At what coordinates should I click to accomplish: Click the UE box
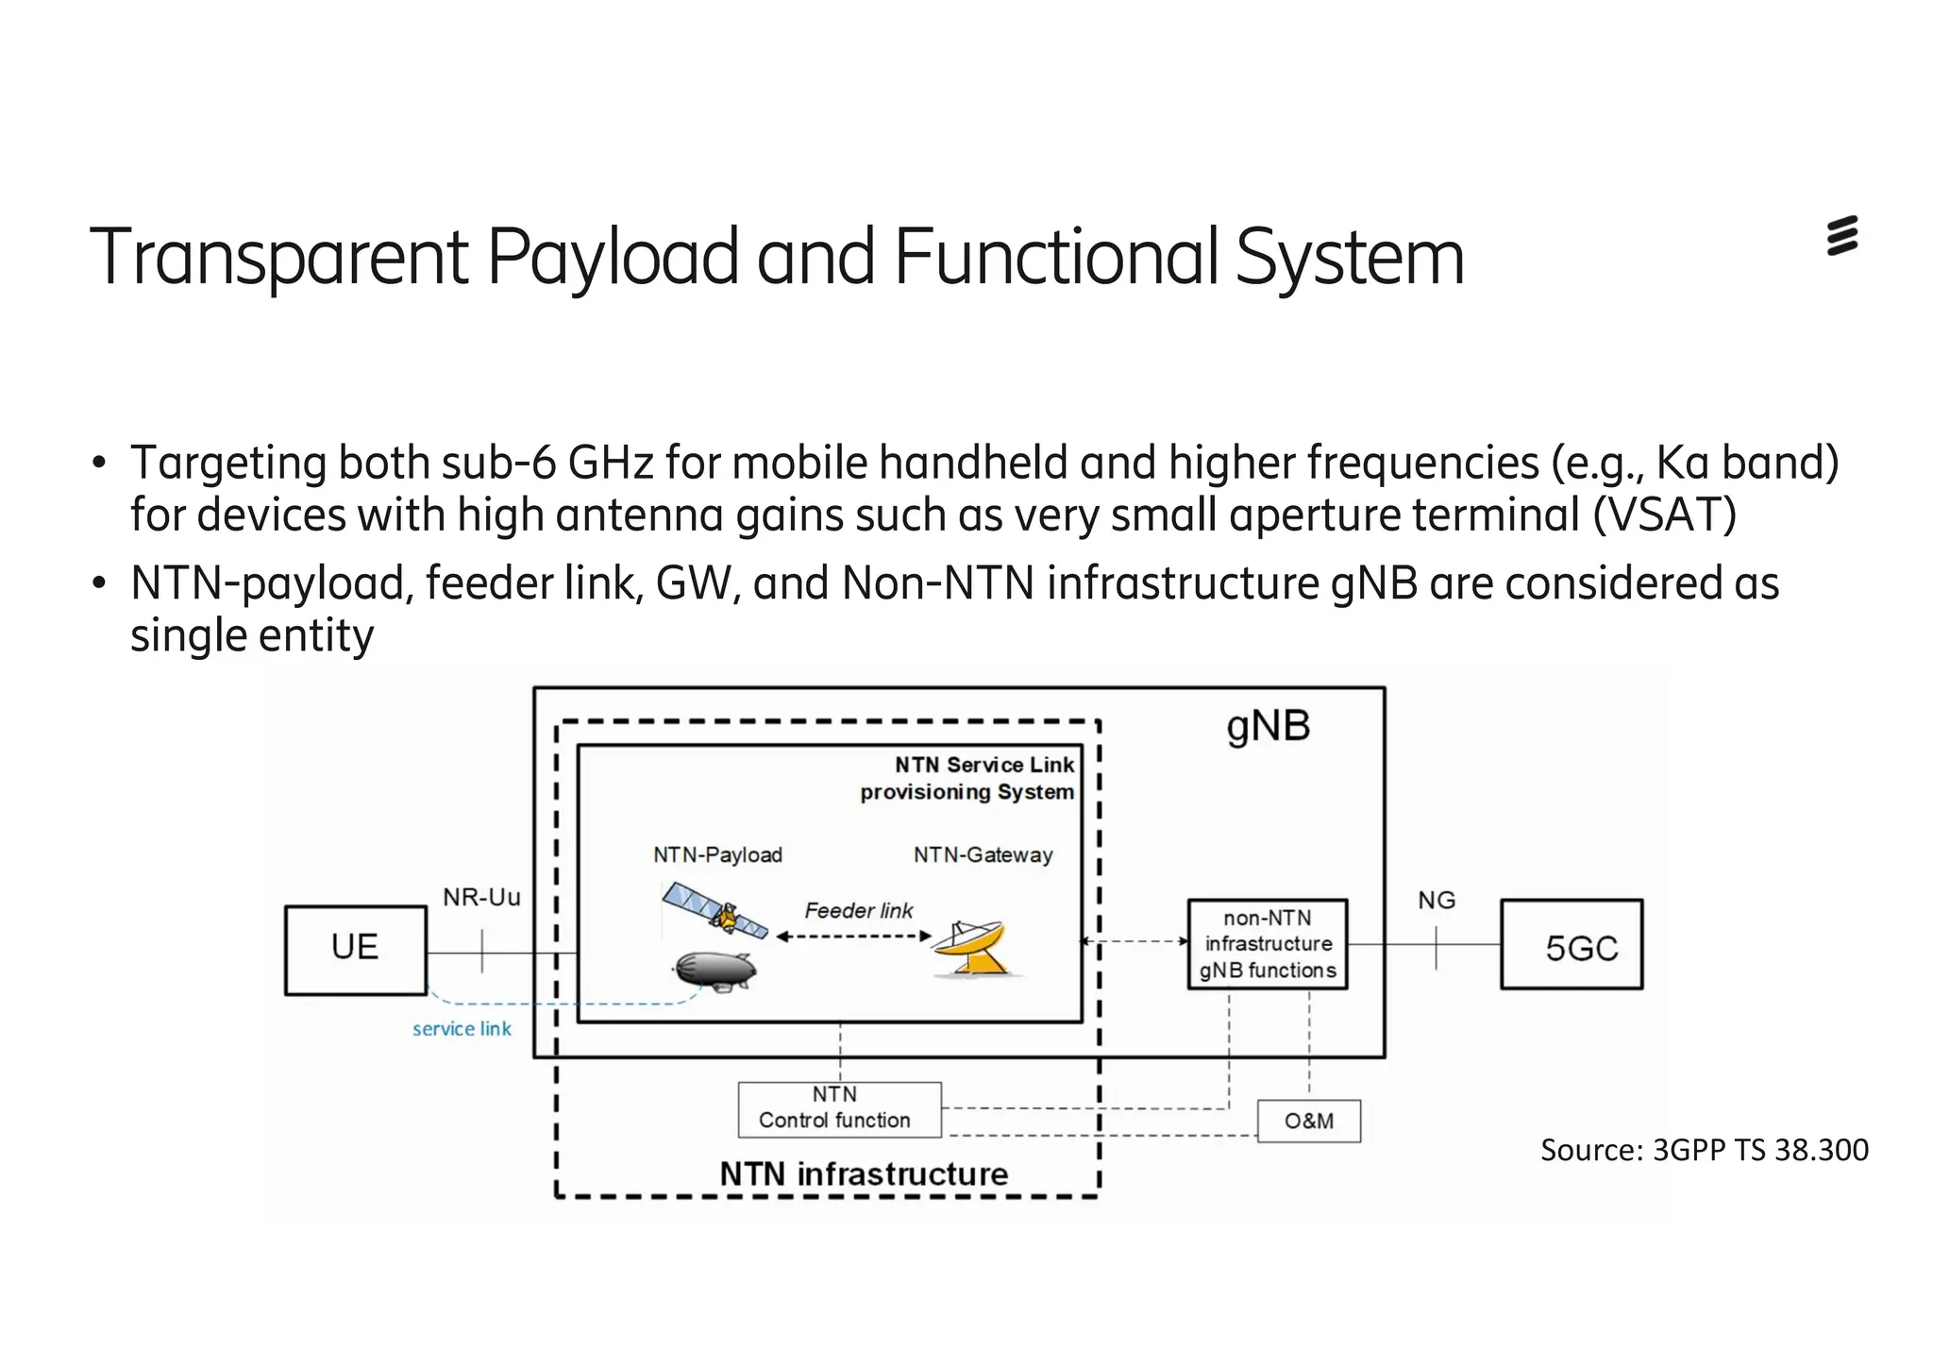tap(355, 950)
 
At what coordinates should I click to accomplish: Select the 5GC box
tap(1572, 945)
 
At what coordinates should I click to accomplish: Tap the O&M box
tap(1308, 1121)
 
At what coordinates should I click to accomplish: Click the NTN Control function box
tap(839, 1109)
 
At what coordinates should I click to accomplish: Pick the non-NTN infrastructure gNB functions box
tap(1267, 944)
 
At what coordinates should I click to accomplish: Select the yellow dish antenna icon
tap(975, 950)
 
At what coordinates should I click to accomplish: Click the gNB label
tap(1268, 727)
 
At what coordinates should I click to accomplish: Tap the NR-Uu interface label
tap(481, 897)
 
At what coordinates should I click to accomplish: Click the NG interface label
tap(1436, 901)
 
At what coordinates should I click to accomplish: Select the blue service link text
tap(462, 1029)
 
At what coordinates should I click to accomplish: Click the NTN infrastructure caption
tap(864, 1173)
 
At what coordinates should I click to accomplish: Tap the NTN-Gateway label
tap(983, 855)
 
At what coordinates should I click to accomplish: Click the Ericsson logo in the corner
tap(1841, 236)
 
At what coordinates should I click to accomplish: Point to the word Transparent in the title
tap(278, 257)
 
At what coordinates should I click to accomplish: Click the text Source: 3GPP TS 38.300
tap(1704, 1150)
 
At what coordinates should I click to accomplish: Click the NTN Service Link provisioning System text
tap(967, 779)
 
